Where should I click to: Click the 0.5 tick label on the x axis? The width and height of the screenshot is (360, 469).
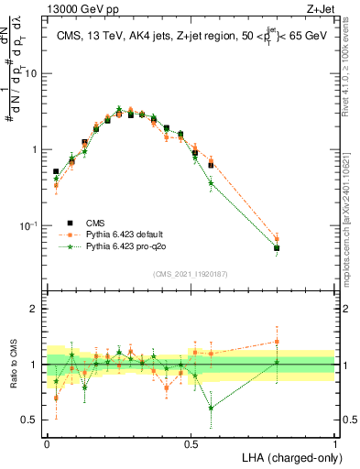pyautogui.click(x=191, y=442)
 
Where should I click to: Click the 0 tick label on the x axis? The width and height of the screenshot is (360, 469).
pyautogui.click(x=47, y=442)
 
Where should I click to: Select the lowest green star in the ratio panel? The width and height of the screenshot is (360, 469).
pyautogui.click(x=211, y=408)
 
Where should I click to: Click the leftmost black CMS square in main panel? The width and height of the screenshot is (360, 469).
pyautogui.click(x=56, y=171)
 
